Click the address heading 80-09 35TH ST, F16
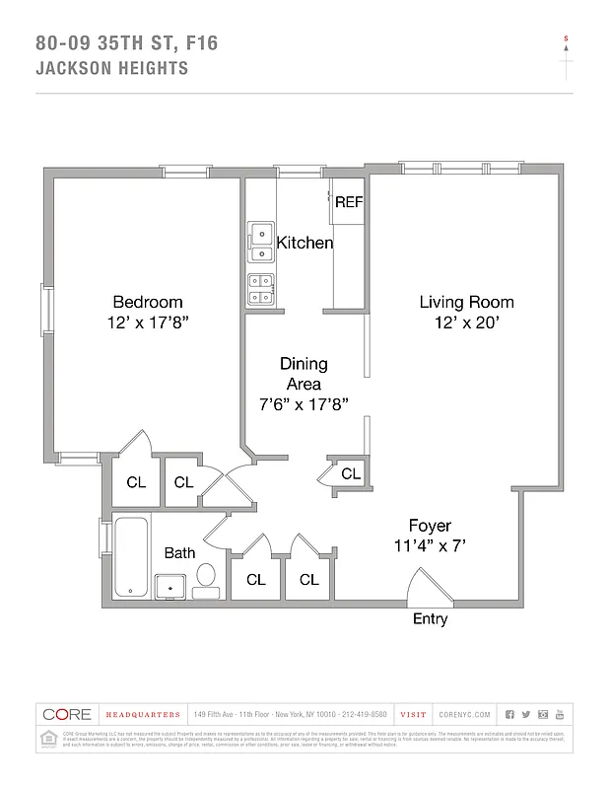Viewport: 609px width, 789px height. pyautogui.click(x=126, y=43)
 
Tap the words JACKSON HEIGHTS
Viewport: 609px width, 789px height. pyautogui.click(x=111, y=69)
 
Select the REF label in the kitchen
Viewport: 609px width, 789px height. pyautogui.click(x=349, y=202)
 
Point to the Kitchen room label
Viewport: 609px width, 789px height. pyautogui.click(x=304, y=243)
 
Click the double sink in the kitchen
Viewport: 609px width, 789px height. pyautogui.click(x=260, y=235)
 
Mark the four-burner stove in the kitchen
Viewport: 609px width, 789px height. pyautogui.click(x=260, y=287)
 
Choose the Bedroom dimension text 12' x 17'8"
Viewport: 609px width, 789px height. pyautogui.click(x=147, y=323)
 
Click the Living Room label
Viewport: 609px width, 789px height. pyautogui.click(x=466, y=302)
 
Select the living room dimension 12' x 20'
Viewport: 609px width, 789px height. pyautogui.click(x=466, y=323)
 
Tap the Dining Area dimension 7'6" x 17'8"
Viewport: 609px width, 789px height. pyautogui.click(x=303, y=404)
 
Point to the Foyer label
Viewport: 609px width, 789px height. pyautogui.click(x=430, y=525)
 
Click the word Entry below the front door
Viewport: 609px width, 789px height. pyautogui.click(x=430, y=619)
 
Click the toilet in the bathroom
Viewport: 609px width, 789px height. pyautogui.click(x=207, y=577)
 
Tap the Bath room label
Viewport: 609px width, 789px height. pyautogui.click(x=179, y=553)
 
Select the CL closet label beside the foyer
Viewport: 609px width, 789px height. pyautogui.click(x=351, y=474)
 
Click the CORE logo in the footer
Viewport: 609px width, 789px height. pyautogui.click(x=67, y=714)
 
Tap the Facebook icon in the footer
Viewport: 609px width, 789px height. pyautogui.click(x=509, y=714)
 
